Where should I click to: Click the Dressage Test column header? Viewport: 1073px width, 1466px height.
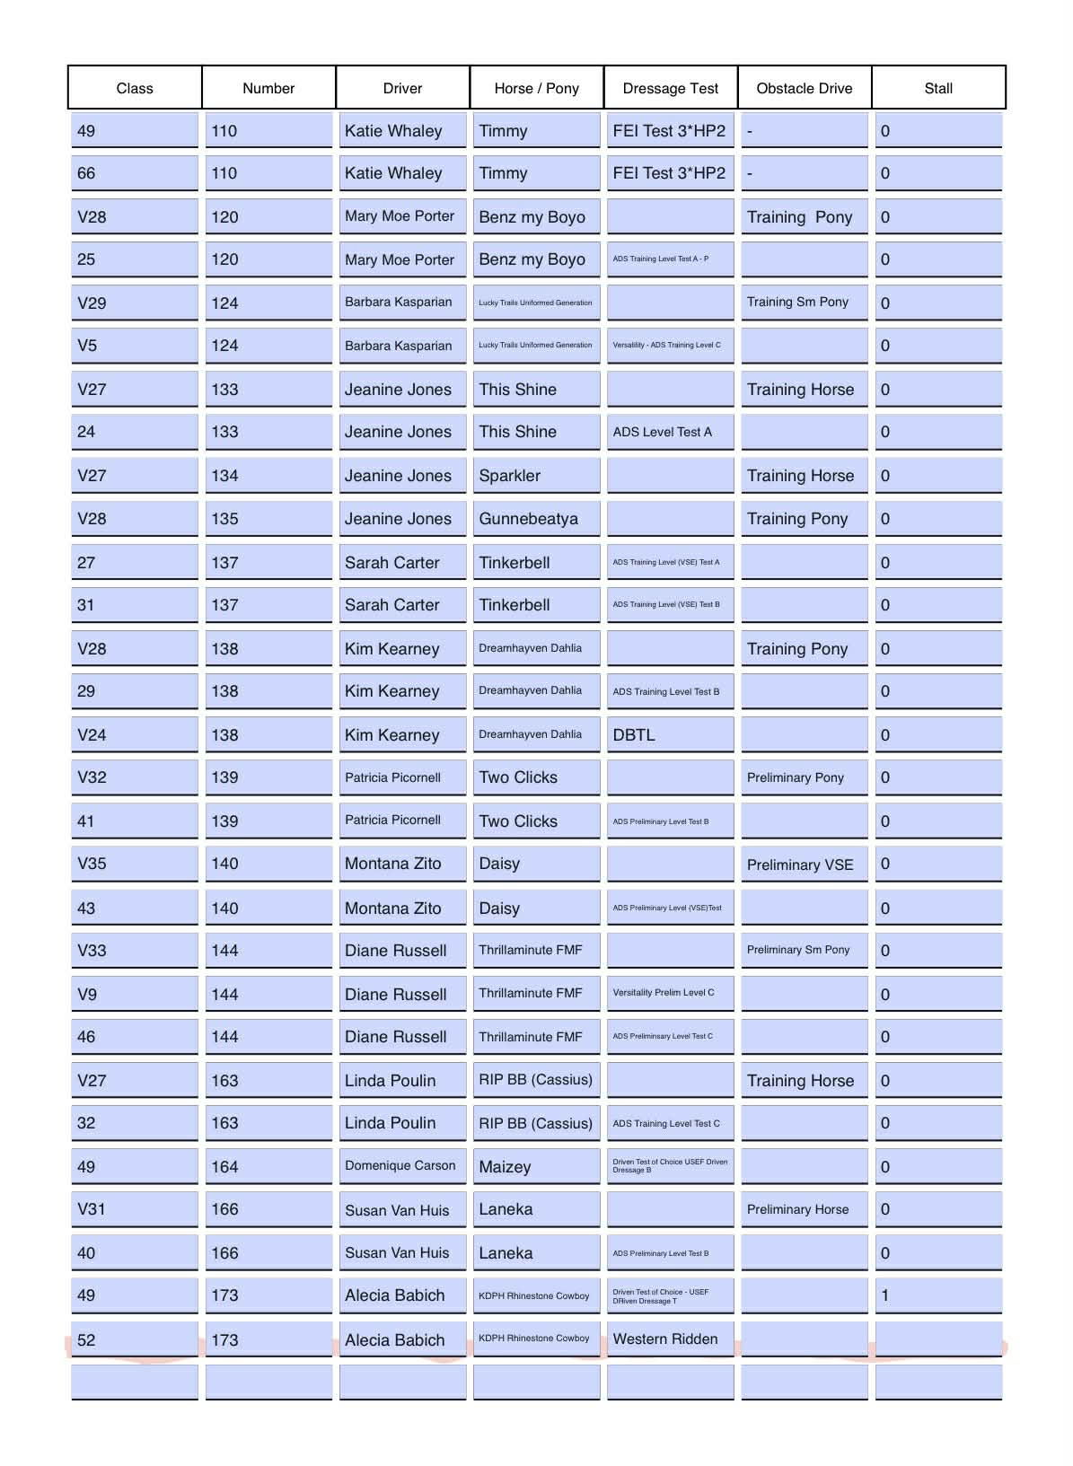(670, 88)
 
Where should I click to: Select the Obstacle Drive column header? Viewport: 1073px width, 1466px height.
(804, 88)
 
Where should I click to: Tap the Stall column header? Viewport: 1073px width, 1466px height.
(937, 88)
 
